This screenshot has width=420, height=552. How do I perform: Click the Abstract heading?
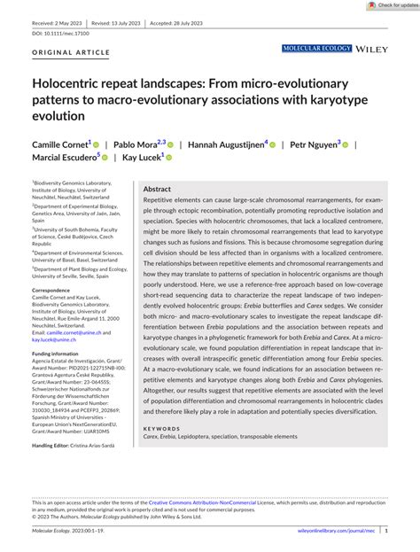[x=157, y=190]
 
